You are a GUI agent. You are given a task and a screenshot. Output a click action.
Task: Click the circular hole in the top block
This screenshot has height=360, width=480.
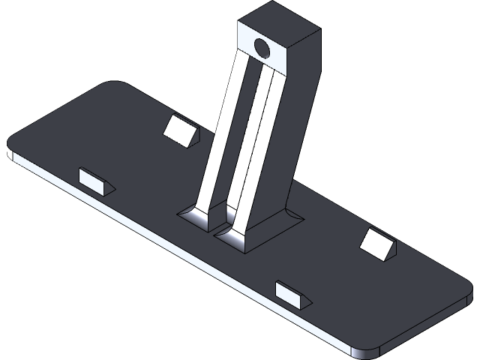[263, 49]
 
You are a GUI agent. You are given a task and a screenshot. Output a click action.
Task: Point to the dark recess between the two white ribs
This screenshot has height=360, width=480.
[241, 135]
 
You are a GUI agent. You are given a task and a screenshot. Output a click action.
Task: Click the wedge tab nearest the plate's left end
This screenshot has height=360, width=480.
[94, 179]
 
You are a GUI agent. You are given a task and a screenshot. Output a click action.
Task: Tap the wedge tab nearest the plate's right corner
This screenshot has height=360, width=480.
[376, 244]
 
